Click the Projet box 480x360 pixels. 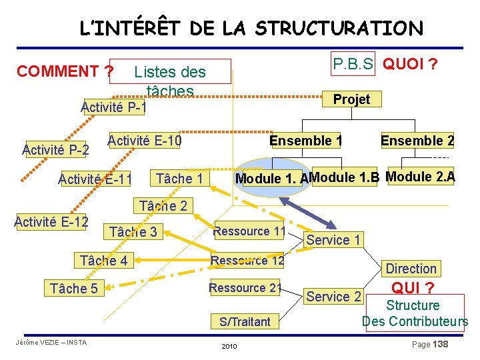click(351, 99)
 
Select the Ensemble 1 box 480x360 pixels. click(305, 141)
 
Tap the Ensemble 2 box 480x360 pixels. click(417, 141)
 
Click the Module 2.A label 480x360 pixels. click(420, 177)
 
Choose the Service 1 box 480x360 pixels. click(333, 239)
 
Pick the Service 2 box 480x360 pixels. click(333, 297)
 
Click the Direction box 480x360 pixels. click(411, 269)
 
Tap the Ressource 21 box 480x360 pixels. click(245, 288)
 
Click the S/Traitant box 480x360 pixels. click(245, 322)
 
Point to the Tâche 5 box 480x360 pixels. click(73, 289)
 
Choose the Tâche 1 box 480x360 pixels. click(179, 178)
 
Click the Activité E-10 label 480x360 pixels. click(145, 141)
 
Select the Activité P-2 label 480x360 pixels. click(55, 149)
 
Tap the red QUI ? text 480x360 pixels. click(413, 287)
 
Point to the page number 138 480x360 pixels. click(440, 344)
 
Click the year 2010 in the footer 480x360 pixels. click(228, 347)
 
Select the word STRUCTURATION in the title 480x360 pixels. click(339, 29)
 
